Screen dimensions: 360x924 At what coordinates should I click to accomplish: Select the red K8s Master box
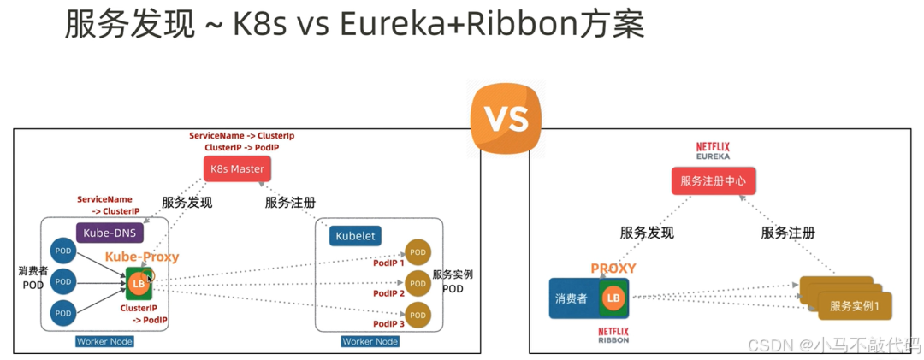(x=237, y=168)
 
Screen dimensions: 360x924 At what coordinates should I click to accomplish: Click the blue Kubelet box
(x=355, y=235)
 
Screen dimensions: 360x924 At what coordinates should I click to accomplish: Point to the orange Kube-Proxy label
(x=142, y=257)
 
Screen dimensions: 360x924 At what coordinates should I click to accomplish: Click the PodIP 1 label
(x=388, y=263)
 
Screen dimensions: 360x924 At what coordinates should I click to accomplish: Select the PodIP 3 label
(x=388, y=324)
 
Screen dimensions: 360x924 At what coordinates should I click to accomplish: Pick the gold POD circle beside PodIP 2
(x=418, y=283)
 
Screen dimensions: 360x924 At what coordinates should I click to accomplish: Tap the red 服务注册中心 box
(x=713, y=180)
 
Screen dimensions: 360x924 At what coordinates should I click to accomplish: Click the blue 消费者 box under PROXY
(x=571, y=298)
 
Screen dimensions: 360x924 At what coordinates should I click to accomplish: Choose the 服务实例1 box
(x=855, y=306)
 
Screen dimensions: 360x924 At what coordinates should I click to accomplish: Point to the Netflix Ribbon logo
(x=612, y=333)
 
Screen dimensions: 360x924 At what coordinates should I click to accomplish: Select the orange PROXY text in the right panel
(x=613, y=269)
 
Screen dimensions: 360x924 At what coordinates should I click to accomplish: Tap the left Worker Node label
(x=104, y=341)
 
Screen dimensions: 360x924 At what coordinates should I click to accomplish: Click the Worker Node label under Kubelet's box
(x=370, y=341)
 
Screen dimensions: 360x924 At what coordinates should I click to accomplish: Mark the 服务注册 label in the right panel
(x=787, y=233)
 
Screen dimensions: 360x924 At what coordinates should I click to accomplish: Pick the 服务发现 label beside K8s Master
(x=187, y=203)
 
